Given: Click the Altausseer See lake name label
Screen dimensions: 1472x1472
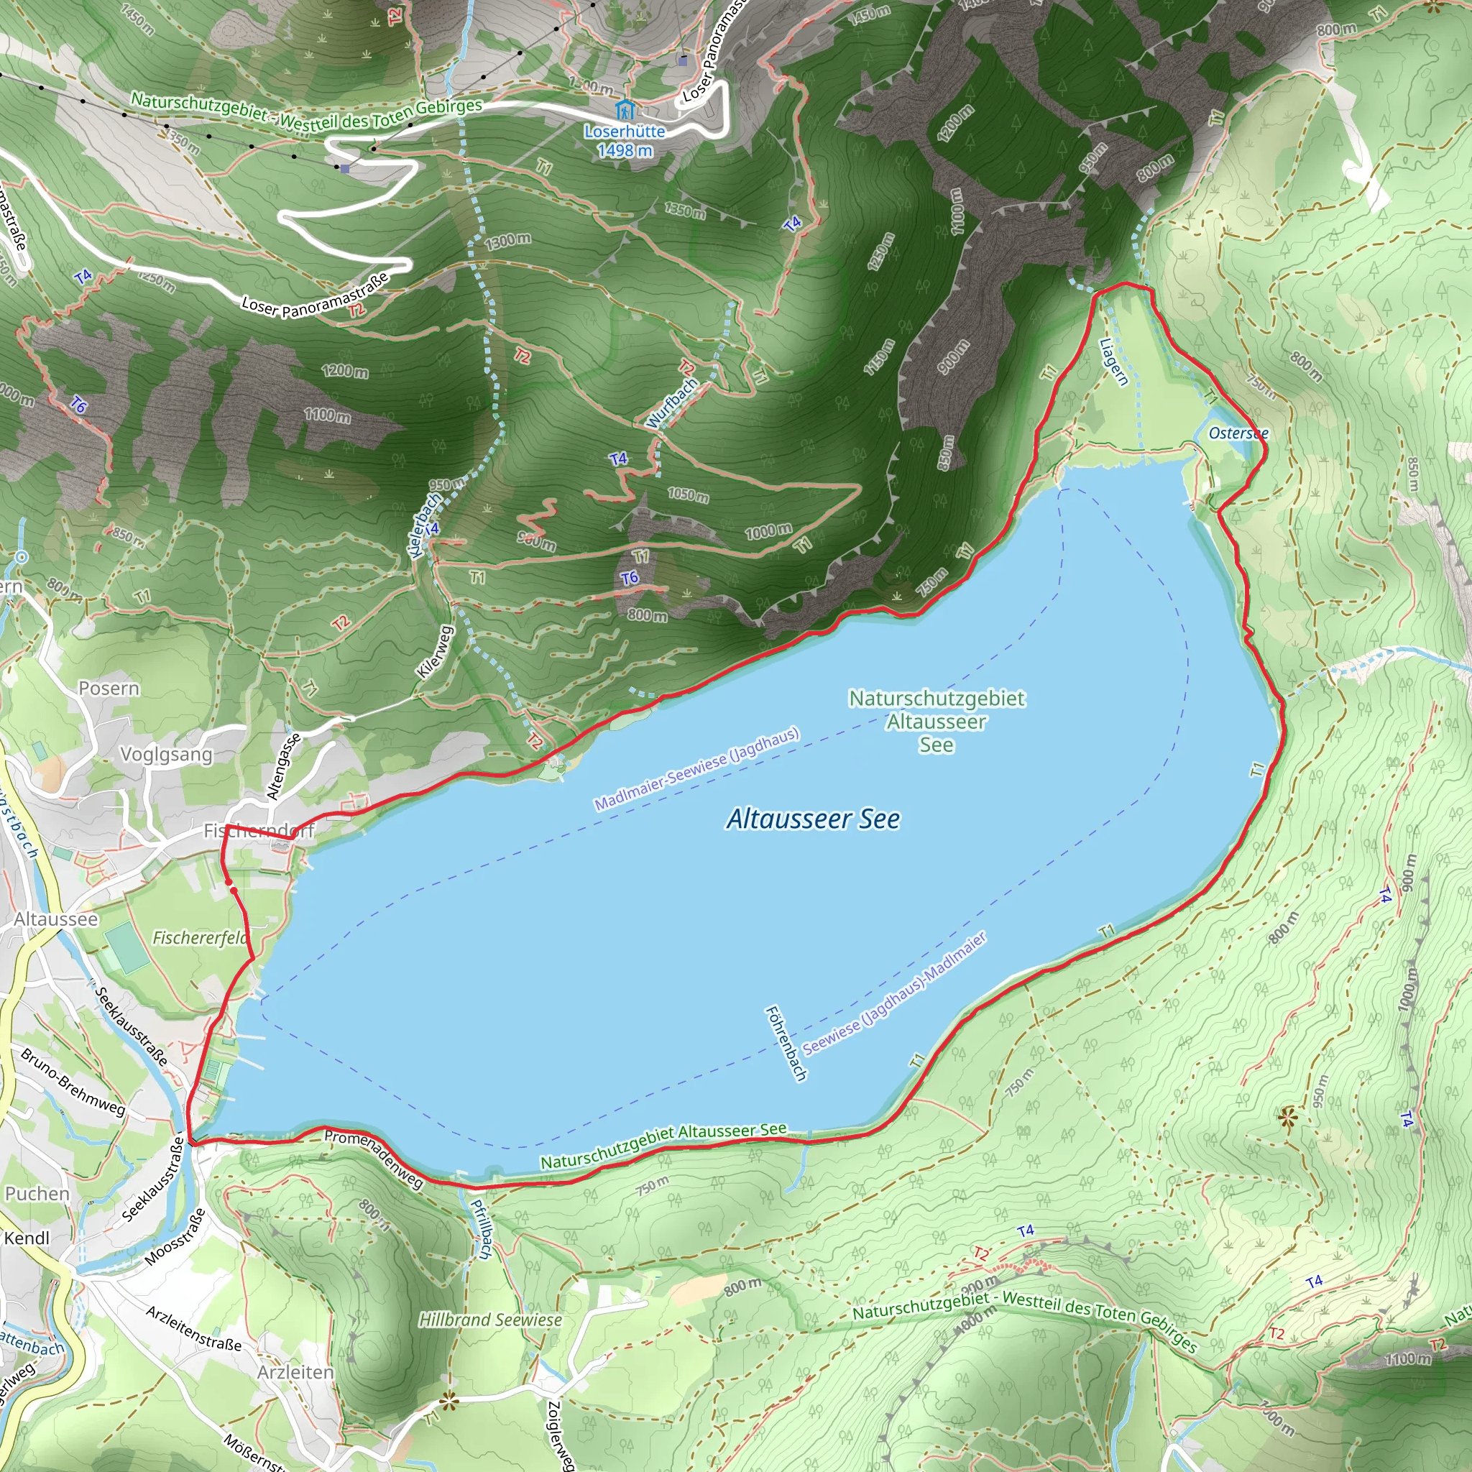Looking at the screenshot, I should coord(813,819).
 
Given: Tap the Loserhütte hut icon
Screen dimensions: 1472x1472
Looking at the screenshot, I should coord(625,110).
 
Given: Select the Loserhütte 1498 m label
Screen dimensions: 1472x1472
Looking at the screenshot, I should coord(625,141).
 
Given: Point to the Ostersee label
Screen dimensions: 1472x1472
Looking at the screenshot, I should coord(1238,433).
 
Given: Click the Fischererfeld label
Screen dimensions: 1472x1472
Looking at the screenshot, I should coord(201,937).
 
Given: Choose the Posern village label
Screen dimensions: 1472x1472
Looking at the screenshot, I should coord(109,688).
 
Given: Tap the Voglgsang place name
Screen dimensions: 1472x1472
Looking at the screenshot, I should coord(166,754).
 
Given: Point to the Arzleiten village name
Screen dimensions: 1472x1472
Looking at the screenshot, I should coord(295,1371).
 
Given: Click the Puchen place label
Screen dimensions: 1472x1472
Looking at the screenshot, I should coord(37,1193).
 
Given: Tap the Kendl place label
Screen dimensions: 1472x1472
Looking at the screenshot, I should coord(27,1238).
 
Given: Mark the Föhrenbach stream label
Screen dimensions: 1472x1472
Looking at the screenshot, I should coord(786,1043).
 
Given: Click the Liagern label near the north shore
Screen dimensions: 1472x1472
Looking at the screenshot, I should coord(1113,362).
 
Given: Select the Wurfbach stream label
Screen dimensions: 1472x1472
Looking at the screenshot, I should coord(671,403).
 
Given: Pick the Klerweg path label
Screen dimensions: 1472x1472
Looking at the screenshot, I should coord(435,652).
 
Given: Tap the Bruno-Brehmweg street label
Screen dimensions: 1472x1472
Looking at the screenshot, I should coord(73,1082).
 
